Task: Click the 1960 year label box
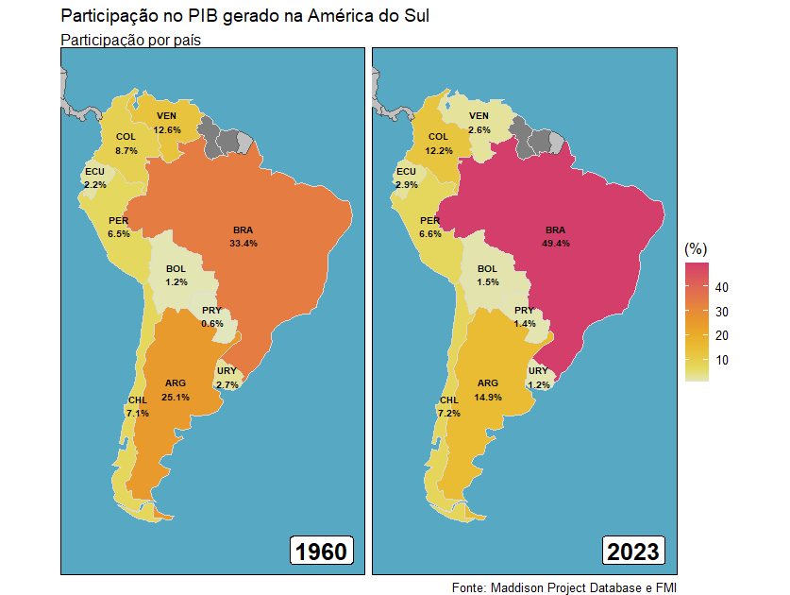pyautogui.click(x=322, y=552)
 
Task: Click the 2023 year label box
pyautogui.click(x=633, y=552)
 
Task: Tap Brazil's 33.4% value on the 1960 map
pyautogui.click(x=244, y=243)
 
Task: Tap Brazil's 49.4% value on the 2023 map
pyautogui.click(x=557, y=243)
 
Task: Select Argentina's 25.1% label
pyautogui.click(x=176, y=398)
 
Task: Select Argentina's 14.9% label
pyautogui.click(x=488, y=398)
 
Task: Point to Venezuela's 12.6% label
pyautogui.click(x=167, y=129)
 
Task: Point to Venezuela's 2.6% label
pyautogui.click(x=479, y=129)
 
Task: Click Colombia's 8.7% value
pyautogui.click(x=126, y=150)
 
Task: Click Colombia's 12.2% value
pyautogui.click(x=439, y=150)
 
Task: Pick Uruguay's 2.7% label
pyautogui.click(x=227, y=385)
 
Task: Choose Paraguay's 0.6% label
pyautogui.click(x=212, y=324)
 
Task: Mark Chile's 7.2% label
pyautogui.click(x=449, y=414)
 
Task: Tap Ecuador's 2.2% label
pyautogui.click(x=94, y=185)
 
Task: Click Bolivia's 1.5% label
pyautogui.click(x=488, y=282)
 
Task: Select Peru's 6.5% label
pyautogui.click(x=119, y=233)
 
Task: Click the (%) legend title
pyautogui.click(x=696, y=248)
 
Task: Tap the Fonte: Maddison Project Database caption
pyautogui.click(x=564, y=587)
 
